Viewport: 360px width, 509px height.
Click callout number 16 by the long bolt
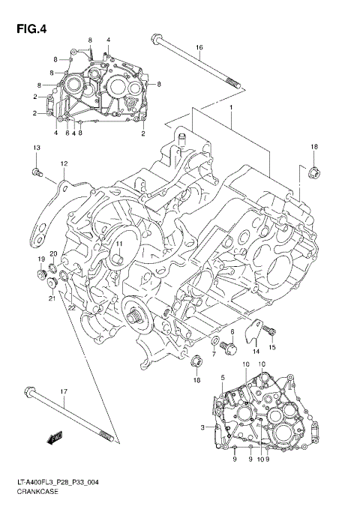pyautogui.click(x=199, y=48)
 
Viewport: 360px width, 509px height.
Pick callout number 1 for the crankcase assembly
pyautogui.click(x=232, y=108)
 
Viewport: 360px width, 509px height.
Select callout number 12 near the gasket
pyautogui.click(x=64, y=163)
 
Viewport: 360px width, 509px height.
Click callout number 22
pyautogui.click(x=71, y=307)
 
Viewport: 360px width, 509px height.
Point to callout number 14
pyautogui.click(x=256, y=351)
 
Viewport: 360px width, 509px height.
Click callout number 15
pyautogui.click(x=272, y=347)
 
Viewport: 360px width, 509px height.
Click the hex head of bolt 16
pyautogui.click(x=157, y=40)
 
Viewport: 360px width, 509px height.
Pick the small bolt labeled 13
pyautogui.click(x=36, y=174)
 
